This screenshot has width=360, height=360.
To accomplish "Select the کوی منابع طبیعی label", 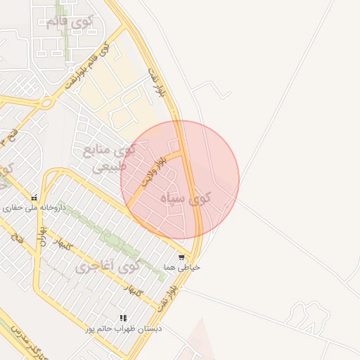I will [109, 158].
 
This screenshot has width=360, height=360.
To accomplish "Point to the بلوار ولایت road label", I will [155, 171].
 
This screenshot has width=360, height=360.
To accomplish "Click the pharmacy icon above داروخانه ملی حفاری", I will [34, 198].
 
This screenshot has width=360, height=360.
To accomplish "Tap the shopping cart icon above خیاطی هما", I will [181, 257].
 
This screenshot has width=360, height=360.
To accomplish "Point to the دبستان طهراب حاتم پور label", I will [124, 328].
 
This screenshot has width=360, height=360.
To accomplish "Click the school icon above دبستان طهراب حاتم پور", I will [124, 318].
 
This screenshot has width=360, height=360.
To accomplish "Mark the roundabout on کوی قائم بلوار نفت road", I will [46, 103].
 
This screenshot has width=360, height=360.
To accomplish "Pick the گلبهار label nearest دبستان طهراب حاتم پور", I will [133, 290].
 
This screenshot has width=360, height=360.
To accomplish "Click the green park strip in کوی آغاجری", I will [105, 236].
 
